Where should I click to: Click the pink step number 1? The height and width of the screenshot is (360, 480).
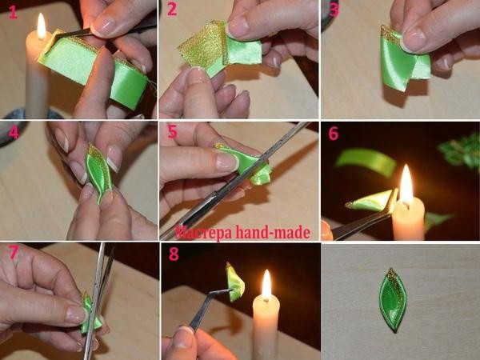[13, 12]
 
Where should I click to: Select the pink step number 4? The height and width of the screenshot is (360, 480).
[14, 133]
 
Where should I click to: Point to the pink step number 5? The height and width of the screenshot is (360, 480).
[172, 132]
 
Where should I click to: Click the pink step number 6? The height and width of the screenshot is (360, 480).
[334, 134]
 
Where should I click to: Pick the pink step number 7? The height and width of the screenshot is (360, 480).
[14, 252]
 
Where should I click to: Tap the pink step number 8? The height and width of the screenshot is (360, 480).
[174, 254]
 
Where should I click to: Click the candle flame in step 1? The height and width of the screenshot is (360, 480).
[42, 26]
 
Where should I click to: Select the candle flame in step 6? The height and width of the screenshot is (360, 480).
[406, 184]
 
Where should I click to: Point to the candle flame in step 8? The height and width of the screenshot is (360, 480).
[266, 285]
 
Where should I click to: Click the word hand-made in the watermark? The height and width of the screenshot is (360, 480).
[273, 233]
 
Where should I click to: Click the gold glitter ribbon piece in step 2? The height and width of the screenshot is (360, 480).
[202, 46]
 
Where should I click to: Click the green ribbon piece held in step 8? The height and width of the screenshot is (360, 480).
[235, 282]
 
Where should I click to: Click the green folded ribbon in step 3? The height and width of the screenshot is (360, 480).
[404, 62]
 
